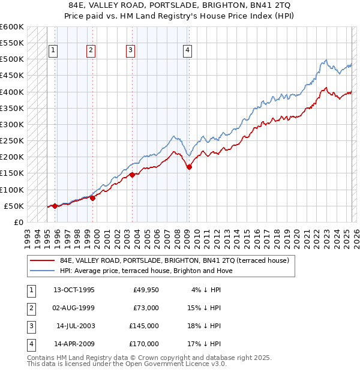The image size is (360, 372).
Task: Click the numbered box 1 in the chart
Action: click(x=53, y=50)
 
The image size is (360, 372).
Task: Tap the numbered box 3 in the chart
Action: click(x=130, y=50)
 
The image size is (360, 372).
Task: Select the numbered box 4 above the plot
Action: click(x=188, y=50)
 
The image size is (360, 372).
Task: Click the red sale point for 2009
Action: click(x=189, y=167)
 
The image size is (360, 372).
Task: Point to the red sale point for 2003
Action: click(x=132, y=175)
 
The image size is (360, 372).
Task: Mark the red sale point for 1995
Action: click(x=55, y=206)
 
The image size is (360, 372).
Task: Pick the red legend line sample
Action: click(x=41, y=260)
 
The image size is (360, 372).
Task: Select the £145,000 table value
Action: click(x=144, y=326)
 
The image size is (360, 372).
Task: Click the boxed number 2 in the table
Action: click(x=31, y=308)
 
